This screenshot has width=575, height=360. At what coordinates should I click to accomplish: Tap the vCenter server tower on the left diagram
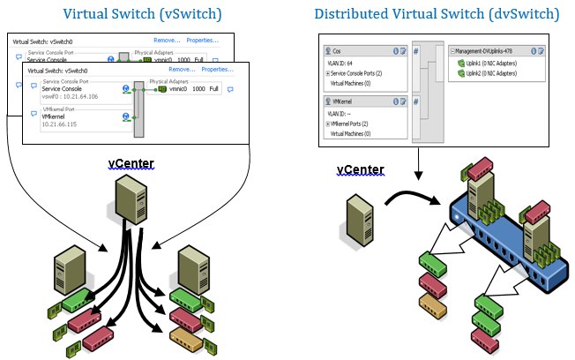128,195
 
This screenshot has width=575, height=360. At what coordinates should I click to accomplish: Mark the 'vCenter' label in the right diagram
361,169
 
